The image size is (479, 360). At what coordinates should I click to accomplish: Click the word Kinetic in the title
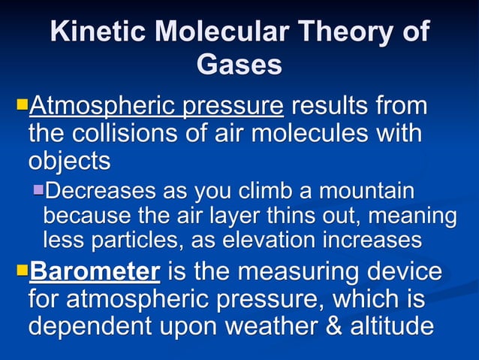[x=95, y=32]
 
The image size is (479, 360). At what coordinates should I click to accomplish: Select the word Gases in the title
[x=239, y=65]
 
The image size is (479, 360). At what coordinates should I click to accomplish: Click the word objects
[x=69, y=161]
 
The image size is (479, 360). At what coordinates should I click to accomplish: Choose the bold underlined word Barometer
[x=93, y=270]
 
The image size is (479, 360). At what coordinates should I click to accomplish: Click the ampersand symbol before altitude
[x=347, y=327]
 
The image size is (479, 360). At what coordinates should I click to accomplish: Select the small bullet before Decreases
[x=38, y=189]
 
